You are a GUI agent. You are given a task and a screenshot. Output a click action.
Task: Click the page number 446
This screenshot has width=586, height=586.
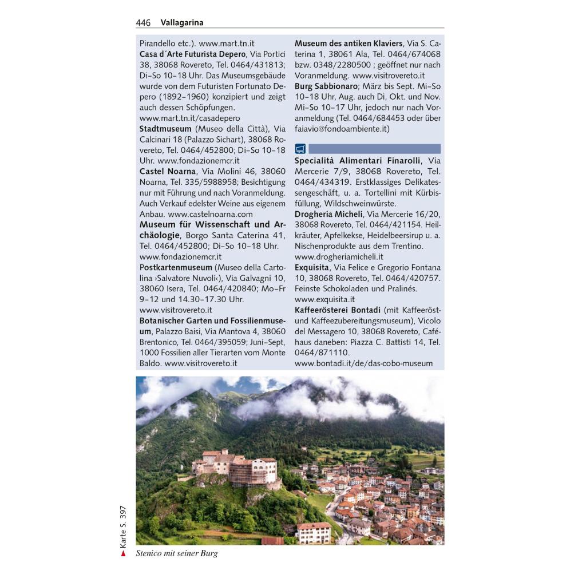coord(143,23)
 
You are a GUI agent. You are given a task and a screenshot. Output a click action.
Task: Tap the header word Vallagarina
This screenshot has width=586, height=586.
coord(182,23)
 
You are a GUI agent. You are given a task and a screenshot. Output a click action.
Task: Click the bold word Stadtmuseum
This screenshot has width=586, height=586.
coord(165,129)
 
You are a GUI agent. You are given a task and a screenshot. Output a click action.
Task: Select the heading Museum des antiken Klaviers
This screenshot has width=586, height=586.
coord(349,43)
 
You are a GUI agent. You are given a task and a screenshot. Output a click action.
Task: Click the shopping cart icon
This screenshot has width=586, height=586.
coord(301,149)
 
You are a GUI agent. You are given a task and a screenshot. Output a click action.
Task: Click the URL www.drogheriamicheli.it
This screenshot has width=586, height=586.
coord(339,257)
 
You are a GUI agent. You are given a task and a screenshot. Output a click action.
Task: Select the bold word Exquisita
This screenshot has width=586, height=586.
coord(312,267)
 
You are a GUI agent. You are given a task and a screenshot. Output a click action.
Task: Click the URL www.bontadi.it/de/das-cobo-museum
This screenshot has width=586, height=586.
coord(363,363)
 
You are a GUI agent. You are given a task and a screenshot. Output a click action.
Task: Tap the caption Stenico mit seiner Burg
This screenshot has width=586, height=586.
coord(177,553)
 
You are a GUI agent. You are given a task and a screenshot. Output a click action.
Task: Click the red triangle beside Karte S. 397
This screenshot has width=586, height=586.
coord(122,553)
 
